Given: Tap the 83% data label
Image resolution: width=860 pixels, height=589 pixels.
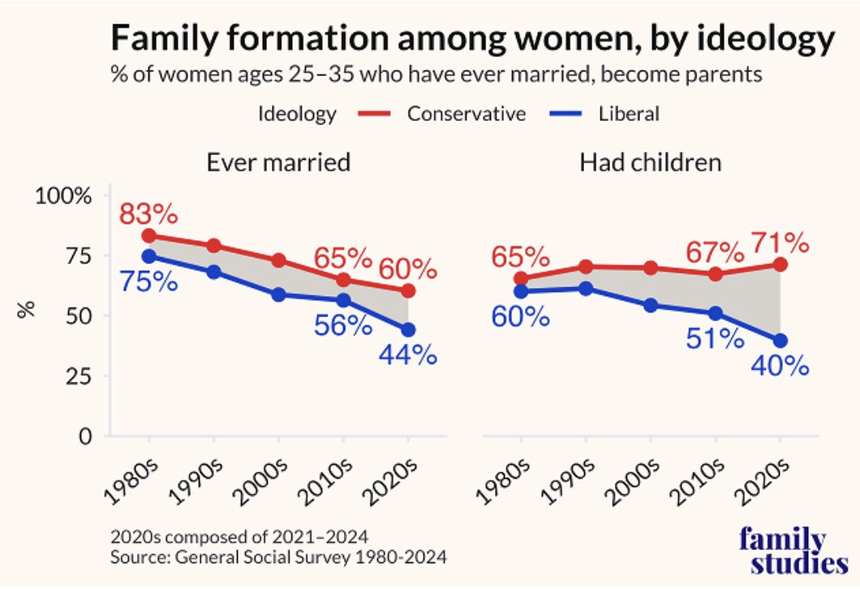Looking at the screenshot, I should (148, 215).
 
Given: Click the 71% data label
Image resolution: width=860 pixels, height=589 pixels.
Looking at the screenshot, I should (780, 242).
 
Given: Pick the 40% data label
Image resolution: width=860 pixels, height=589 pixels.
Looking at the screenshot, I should (780, 366).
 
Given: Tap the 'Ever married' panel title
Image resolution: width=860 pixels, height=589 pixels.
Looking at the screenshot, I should (278, 162).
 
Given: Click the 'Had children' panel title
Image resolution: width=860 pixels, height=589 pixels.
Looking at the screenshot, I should (651, 162).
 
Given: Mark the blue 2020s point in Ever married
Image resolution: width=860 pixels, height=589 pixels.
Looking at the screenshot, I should (408, 330).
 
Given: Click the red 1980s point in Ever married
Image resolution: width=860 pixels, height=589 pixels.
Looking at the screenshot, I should (148, 236).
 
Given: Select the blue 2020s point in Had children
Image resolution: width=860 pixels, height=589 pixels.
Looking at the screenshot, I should (780, 340).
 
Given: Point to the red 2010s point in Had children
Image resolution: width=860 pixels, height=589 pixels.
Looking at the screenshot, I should (715, 274).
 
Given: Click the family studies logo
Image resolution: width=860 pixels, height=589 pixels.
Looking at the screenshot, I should (782, 552).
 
